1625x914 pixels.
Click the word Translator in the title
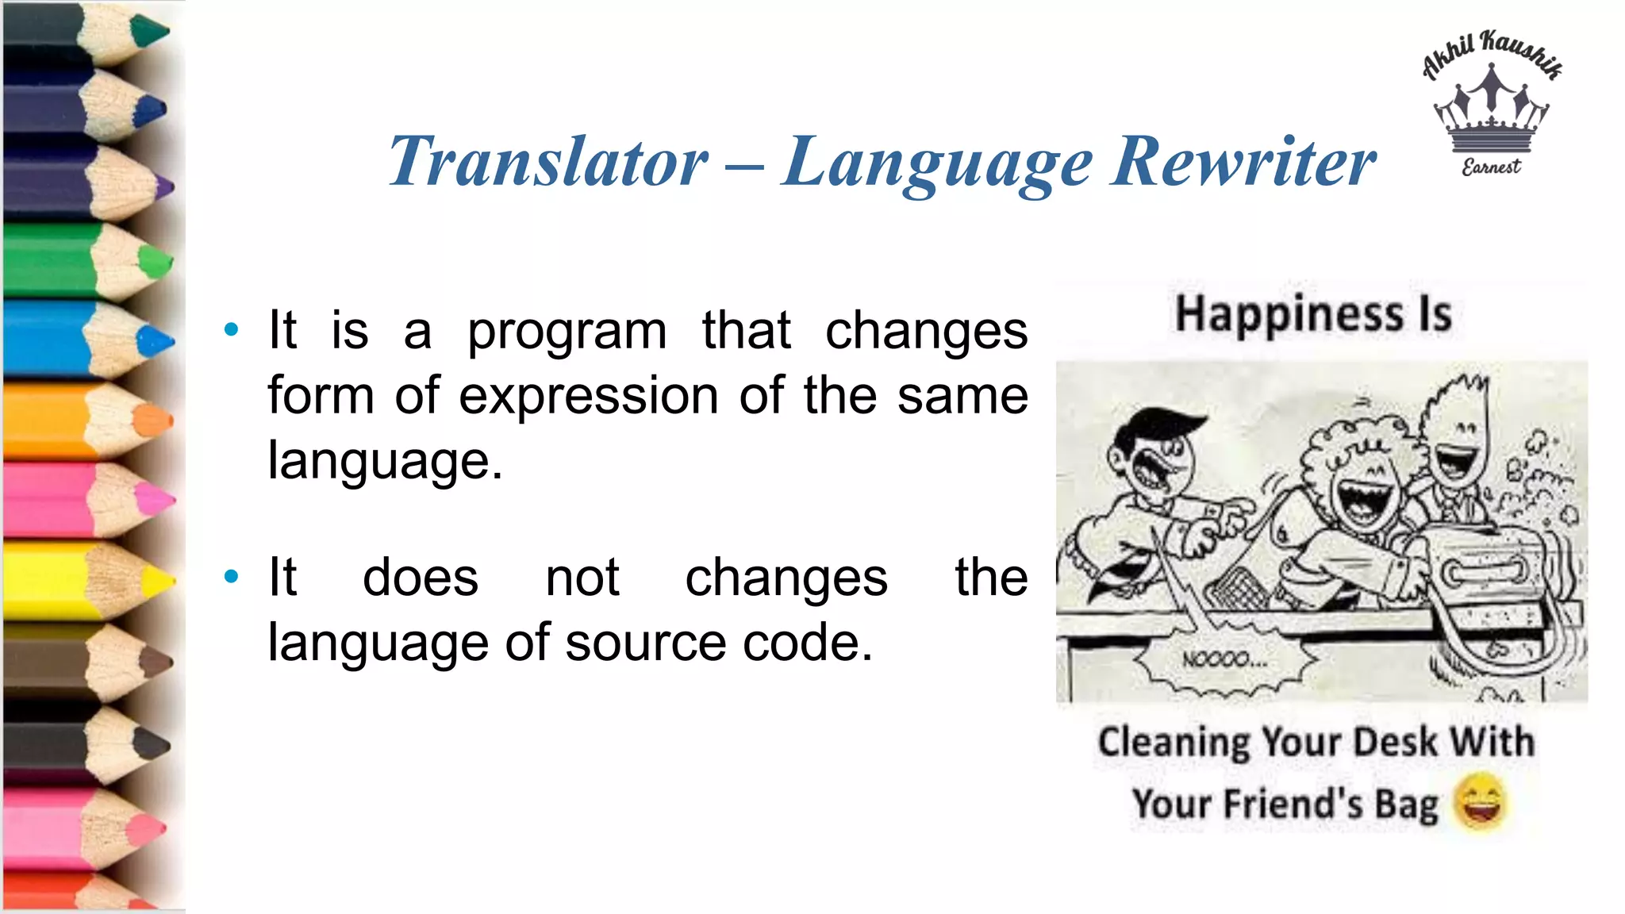click(x=547, y=162)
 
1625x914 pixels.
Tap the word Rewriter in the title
click(x=1243, y=162)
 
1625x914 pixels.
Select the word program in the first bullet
click(x=567, y=332)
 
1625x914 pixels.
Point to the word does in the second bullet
click(x=420, y=578)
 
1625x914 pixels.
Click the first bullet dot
click(x=231, y=330)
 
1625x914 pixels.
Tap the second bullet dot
click(x=231, y=577)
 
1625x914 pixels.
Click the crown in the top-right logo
click(x=1491, y=111)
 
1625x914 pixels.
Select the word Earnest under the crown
click(x=1491, y=167)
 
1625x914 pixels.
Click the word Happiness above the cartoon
click(x=1289, y=314)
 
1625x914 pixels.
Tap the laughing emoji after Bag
click(x=1479, y=801)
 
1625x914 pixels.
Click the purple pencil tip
click(x=163, y=188)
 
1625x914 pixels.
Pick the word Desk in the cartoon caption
click(x=1395, y=743)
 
